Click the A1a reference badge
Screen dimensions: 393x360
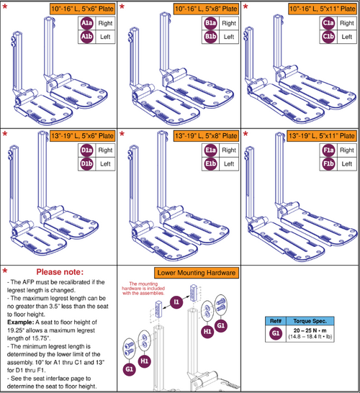(86, 23)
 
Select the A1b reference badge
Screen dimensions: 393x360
(86, 36)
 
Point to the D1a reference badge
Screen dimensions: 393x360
(86, 150)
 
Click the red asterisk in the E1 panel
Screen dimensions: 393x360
(125, 134)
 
